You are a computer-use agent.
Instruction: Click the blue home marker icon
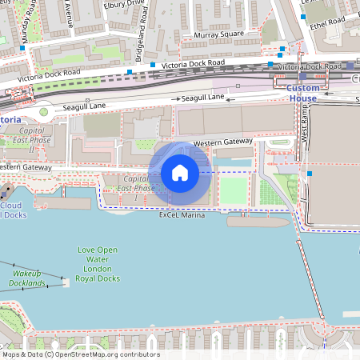tap(180, 172)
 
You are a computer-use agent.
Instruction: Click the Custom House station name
tap(303, 93)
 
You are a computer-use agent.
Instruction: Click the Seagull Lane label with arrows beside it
tap(203, 98)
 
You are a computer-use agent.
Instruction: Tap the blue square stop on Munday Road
tap(22, 50)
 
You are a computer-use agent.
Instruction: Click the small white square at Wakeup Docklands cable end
tap(65, 282)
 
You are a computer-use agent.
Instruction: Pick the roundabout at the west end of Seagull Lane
tap(45, 112)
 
